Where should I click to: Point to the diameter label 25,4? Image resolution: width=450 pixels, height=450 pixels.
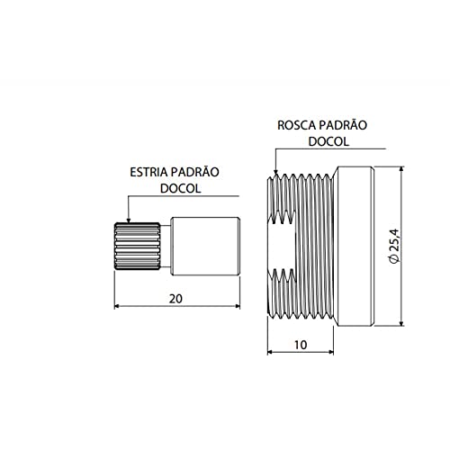click(392, 246)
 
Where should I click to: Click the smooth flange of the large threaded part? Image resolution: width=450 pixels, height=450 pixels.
click(355, 246)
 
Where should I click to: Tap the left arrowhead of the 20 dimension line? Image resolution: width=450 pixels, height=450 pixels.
click(118, 306)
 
